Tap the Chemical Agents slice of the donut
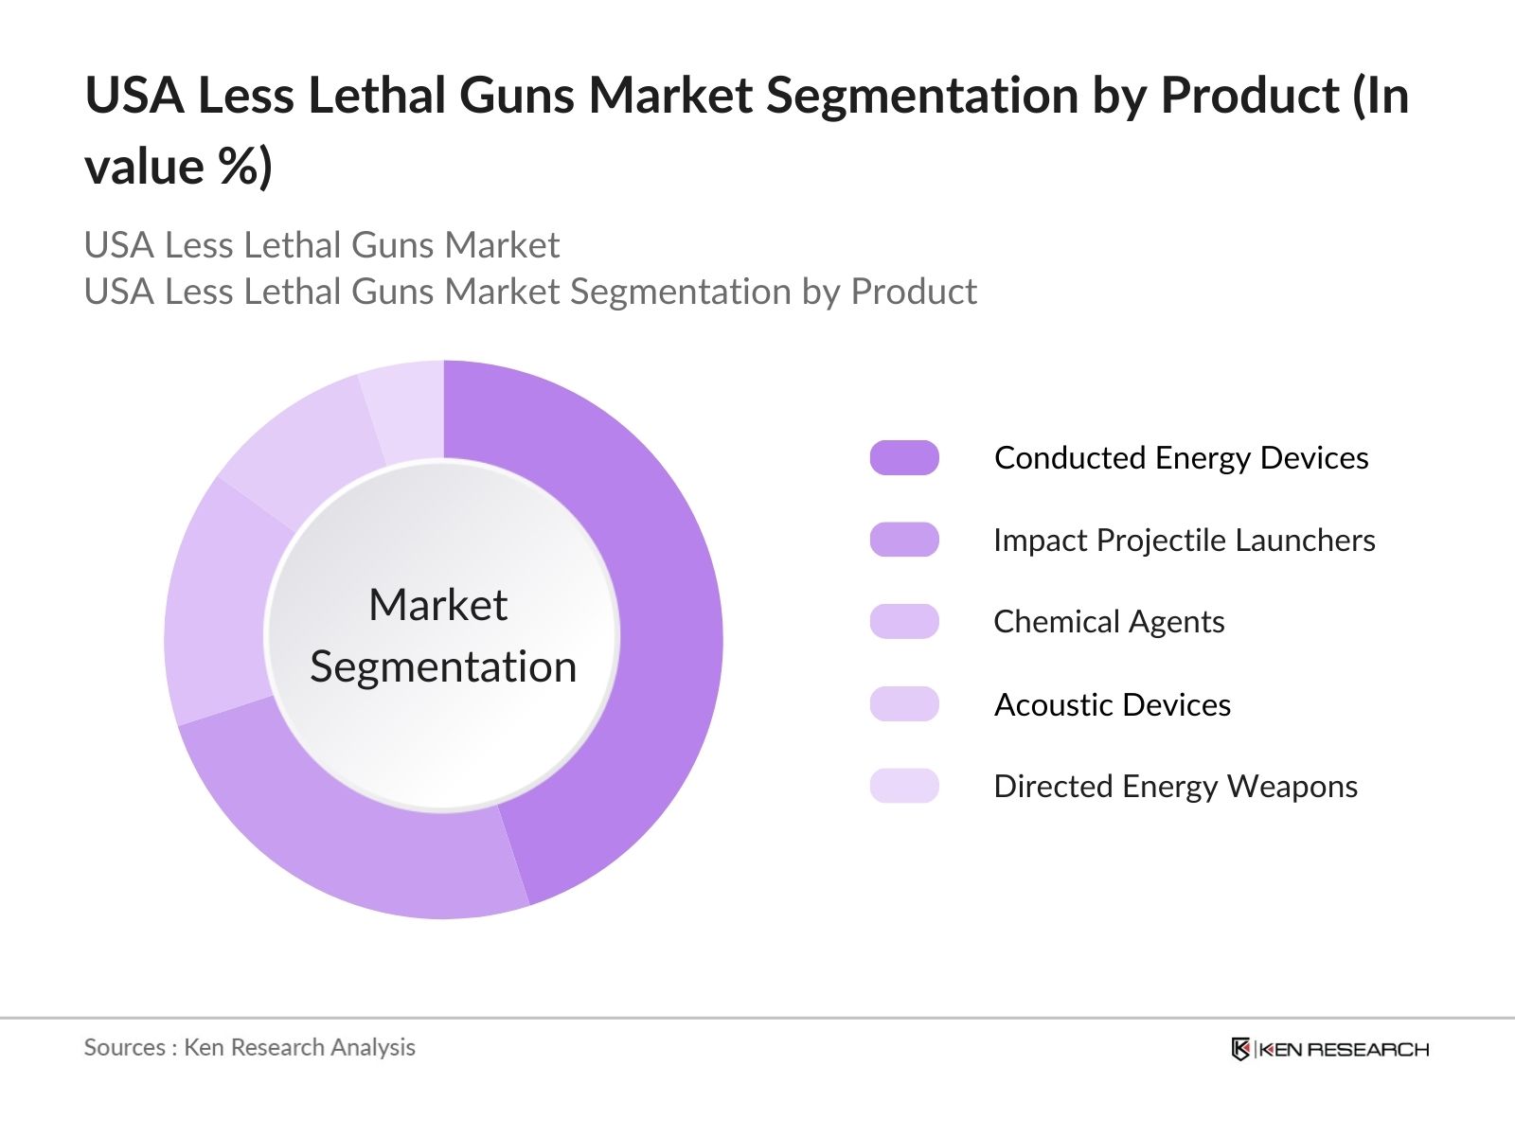218,606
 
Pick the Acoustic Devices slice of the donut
303,445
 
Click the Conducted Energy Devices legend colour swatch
904,458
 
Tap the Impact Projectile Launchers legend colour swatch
904,540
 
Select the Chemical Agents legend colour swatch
904,622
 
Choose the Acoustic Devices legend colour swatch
904,704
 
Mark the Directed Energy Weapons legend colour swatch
904,786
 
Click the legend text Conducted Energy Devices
1181,458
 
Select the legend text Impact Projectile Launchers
1184,540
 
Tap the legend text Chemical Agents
1109,622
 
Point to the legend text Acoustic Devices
1113,704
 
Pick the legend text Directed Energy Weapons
1175,786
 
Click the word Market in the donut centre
438,605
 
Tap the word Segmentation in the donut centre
443,667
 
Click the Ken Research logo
1329,1049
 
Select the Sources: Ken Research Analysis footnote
250,1047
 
